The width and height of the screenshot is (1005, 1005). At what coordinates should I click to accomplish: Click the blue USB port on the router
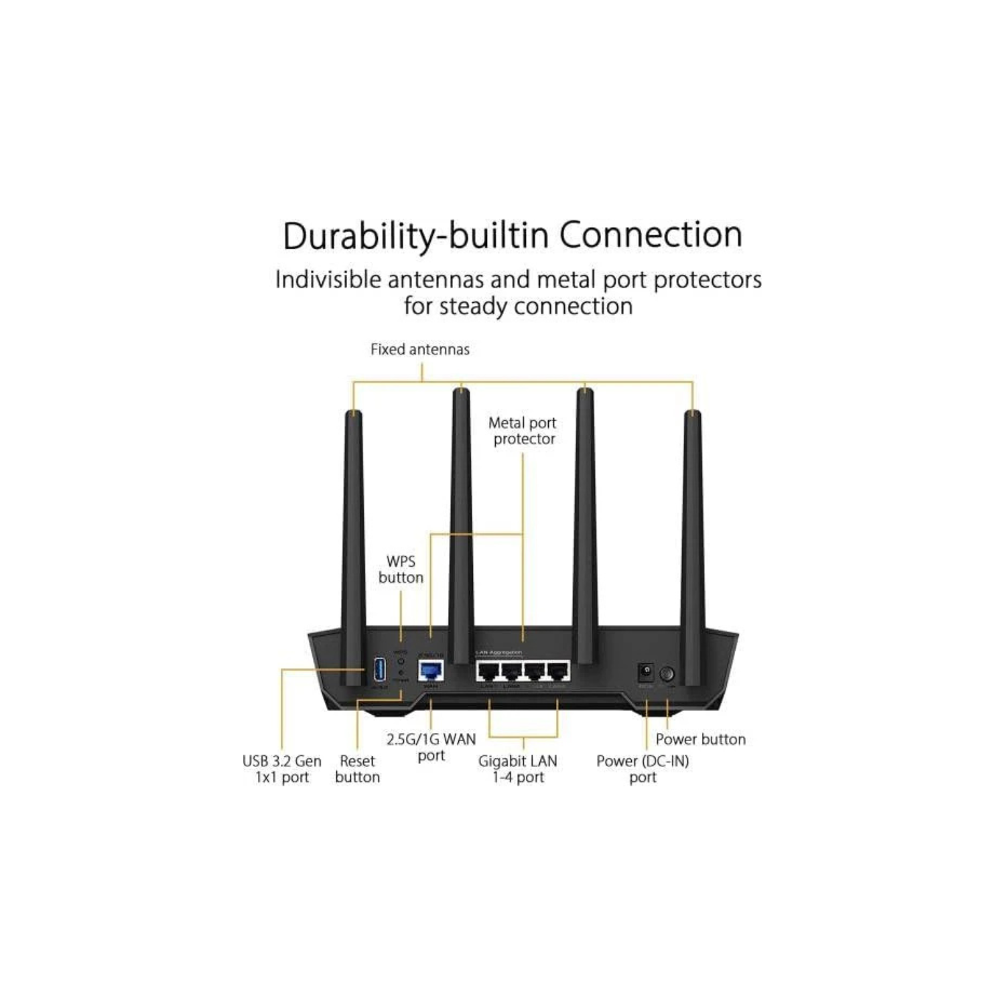click(379, 670)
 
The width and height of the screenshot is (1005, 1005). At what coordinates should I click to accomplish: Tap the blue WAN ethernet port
click(431, 671)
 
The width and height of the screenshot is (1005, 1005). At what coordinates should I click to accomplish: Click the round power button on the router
click(667, 673)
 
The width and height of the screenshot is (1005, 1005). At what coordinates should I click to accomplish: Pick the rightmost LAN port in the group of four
click(557, 671)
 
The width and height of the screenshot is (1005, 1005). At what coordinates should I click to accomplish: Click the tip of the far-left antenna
click(353, 415)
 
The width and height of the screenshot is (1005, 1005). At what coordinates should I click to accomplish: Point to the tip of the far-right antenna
click(692, 415)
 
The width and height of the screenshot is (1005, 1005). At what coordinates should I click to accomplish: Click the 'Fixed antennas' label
click(420, 349)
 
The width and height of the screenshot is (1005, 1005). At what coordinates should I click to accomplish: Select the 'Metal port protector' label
click(523, 431)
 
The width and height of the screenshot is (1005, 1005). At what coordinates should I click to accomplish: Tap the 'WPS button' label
click(401, 569)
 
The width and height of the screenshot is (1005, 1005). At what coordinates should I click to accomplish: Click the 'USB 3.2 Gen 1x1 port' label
click(282, 769)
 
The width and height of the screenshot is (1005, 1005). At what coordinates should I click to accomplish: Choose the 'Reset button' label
click(357, 769)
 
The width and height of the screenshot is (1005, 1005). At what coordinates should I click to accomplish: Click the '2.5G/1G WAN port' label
click(431, 747)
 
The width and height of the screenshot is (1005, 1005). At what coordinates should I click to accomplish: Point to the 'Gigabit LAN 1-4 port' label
click(518, 769)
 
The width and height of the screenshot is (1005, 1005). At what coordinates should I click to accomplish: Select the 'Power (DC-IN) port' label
click(643, 769)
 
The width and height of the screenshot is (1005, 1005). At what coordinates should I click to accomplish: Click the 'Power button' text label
click(700, 739)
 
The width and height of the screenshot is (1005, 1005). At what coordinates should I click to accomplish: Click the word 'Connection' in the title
click(651, 235)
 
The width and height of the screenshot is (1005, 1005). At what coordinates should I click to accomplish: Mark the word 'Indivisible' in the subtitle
click(328, 279)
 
